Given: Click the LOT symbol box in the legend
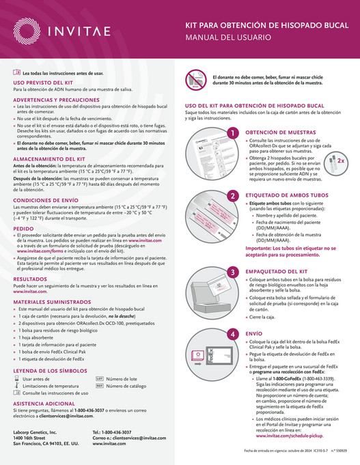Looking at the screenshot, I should (98, 378).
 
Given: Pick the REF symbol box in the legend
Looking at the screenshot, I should (98, 386).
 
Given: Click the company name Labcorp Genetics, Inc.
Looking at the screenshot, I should (40, 433).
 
